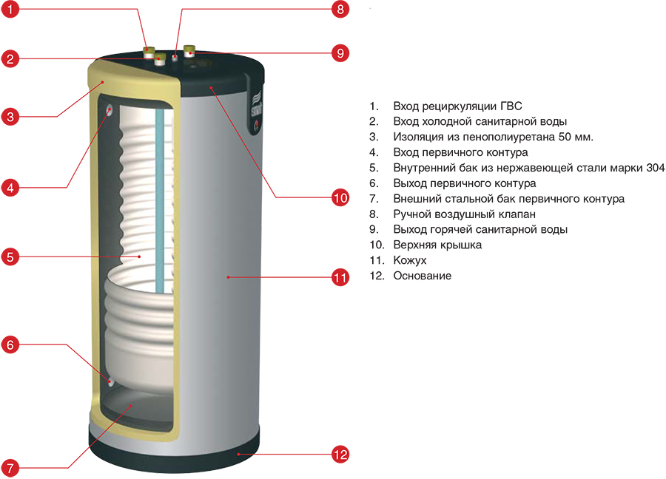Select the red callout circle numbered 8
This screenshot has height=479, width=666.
[340, 10]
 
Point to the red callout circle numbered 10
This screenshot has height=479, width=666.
[340, 197]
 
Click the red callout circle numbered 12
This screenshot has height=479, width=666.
[340, 455]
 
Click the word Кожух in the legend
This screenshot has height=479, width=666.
[410, 261]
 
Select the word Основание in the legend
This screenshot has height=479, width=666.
[423, 276]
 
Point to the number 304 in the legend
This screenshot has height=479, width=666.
[655, 168]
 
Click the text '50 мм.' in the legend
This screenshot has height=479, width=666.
[577, 137]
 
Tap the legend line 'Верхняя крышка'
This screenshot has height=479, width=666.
[437, 245]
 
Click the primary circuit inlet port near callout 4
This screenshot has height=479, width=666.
[110, 111]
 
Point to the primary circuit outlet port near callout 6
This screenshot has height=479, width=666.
[110, 381]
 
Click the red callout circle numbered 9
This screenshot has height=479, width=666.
[340, 53]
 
